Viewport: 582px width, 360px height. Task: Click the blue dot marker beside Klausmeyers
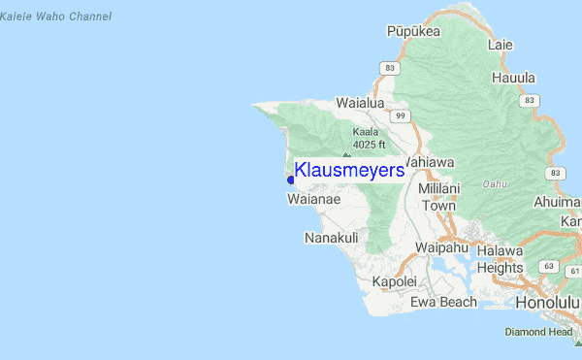point(291,180)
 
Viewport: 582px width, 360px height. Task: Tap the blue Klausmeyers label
point(349,171)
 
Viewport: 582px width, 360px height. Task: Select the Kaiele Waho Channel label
point(56,16)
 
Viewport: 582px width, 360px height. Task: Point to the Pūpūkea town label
point(413,31)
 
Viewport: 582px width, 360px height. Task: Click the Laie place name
point(501,45)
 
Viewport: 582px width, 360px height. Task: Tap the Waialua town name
point(361,102)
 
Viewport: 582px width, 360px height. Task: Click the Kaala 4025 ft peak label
point(369,138)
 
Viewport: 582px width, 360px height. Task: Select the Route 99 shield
point(399,115)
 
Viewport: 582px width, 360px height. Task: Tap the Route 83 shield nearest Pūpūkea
point(390,68)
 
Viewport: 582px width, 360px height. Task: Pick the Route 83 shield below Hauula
point(530,100)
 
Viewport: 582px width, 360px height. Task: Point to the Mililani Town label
point(437,197)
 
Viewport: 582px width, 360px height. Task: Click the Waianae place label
point(313,200)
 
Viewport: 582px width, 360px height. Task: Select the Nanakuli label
point(332,238)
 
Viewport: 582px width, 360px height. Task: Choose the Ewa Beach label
point(443,302)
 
